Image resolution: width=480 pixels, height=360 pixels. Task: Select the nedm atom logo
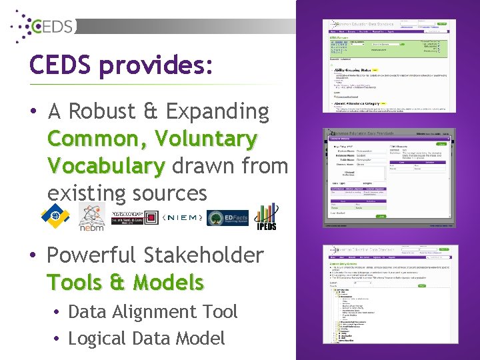pos(91,217)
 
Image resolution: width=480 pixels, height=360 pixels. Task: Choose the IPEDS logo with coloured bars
pos(267,216)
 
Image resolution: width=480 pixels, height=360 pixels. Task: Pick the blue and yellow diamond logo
pos(55,215)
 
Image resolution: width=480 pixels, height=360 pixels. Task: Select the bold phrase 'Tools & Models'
pos(125,283)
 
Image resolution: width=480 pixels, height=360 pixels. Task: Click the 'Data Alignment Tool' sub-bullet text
pos(153,311)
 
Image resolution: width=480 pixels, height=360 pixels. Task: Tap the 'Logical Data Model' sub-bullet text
pos(147,338)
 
